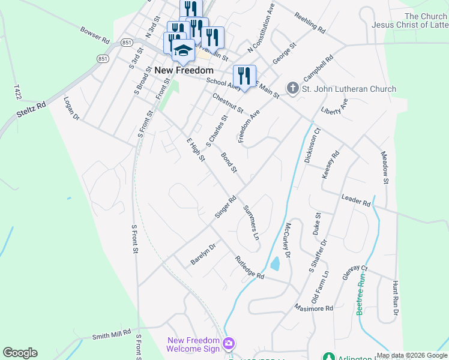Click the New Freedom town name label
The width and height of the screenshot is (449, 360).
tap(184, 70)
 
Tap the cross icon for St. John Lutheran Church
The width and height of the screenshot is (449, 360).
tap(292, 89)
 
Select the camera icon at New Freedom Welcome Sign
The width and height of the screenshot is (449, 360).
tap(228, 344)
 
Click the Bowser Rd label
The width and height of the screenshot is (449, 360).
tap(95, 35)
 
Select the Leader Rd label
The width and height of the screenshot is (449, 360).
tap(356, 200)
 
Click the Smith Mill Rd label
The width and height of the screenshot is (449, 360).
tap(111, 335)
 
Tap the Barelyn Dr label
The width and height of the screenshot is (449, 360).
tap(203, 254)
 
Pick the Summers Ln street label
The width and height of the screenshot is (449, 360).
tap(252, 223)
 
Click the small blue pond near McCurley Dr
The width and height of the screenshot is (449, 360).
tap(275, 263)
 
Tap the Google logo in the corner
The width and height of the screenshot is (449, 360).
tap(20, 353)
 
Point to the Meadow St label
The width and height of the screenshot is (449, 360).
tap(385, 167)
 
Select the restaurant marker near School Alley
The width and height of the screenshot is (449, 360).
tap(244, 76)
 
